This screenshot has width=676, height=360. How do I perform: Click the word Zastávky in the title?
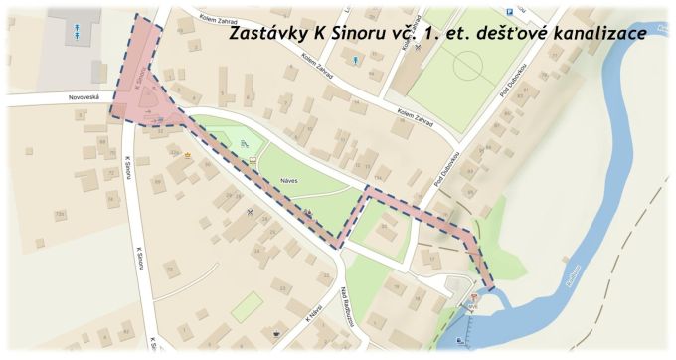[x=266, y=34]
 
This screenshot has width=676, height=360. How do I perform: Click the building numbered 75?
[x=171, y=270]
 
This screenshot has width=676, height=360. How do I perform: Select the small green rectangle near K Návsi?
[x=247, y=306]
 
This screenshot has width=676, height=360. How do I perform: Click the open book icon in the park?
[x=253, y=158]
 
